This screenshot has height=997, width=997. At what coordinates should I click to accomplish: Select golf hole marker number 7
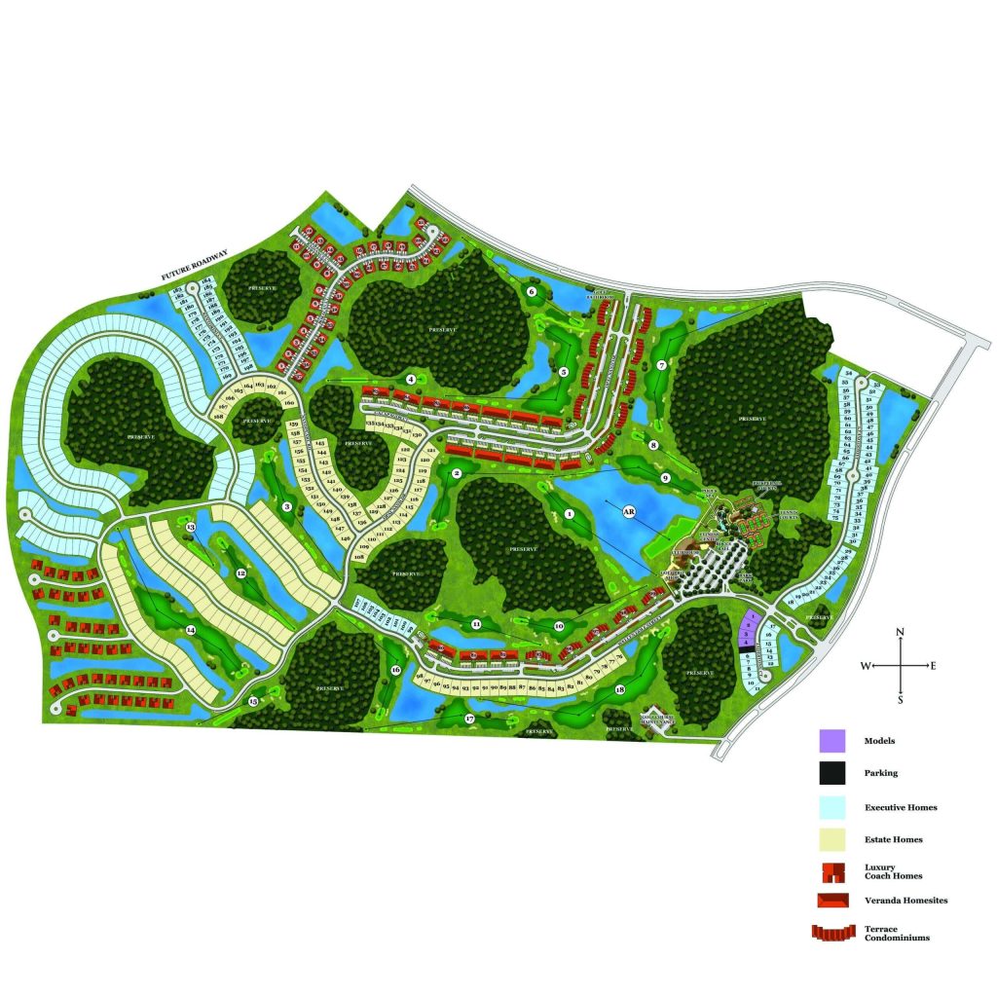pos(661,366)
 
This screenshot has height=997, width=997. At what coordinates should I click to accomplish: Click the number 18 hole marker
pos(620,690)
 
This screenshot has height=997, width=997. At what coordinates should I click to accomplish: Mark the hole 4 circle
pos(412,379)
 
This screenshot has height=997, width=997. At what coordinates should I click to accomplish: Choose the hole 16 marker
pos(395,670)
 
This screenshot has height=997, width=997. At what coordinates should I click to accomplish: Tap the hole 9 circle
pos(666,478)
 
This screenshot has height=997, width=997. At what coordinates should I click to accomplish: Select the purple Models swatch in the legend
pos(831,741)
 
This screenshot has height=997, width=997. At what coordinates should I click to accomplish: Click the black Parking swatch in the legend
pos(831,774)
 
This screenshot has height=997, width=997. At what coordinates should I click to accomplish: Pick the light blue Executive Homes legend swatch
pos(831,807)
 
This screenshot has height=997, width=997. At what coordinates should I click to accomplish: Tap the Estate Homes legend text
pos(893,839)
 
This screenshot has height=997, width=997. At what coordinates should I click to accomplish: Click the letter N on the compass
pos(901,633)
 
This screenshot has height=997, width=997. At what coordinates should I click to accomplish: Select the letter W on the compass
pos(865,666)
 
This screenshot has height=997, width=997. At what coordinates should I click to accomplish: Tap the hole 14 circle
pos(191,630)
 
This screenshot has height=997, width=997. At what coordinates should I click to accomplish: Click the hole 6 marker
pos(532,291)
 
